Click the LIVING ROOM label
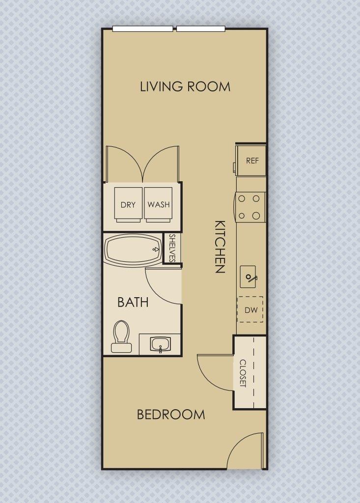185,87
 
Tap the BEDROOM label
171,415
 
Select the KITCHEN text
220,246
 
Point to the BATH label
133,302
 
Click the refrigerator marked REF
251,161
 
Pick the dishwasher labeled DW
250,310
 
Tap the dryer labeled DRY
128,204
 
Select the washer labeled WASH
159,204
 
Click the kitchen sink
249,278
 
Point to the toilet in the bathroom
121,337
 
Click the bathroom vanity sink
160,344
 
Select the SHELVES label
172,249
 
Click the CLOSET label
243,373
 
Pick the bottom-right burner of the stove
256,215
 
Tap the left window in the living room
142,28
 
